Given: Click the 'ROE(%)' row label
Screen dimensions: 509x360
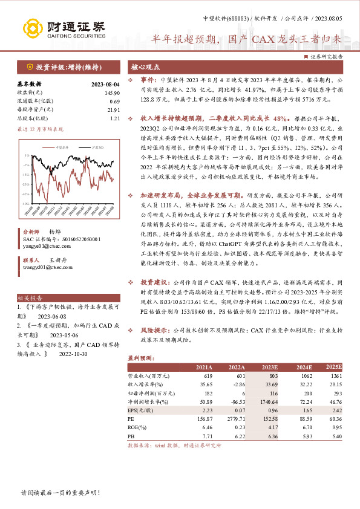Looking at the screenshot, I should (x=137, y=427).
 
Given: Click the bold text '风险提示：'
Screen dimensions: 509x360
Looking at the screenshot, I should (x=155, y=332).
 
